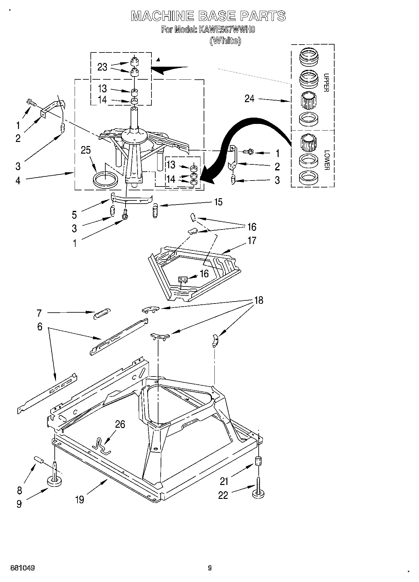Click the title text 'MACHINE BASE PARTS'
[x=208, y=16]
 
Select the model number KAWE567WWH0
[x=227, y=30]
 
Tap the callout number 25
[x=86, y=150]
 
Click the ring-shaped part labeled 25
[x=106, y=180]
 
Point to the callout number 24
[x=249, y=99]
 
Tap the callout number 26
[x=120, y=424]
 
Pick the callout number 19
[x=80, y=499]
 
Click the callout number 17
[x=252, y=241]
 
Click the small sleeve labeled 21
[x=258, y=462]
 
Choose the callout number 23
[x=102, y=67]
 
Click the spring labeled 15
[x=155, y=211]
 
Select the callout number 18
[x=259, y=300]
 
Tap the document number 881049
[x=22, y=568]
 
